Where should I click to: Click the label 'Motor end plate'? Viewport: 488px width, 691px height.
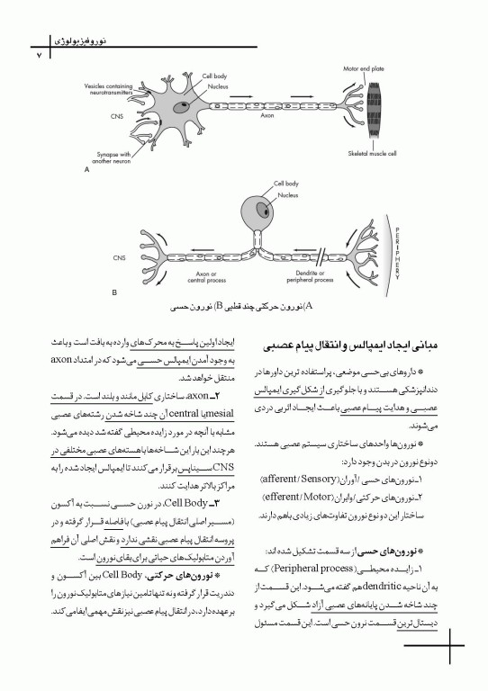click(x=363, y=68)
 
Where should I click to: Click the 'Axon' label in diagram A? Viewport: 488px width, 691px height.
click(x=267, y=115)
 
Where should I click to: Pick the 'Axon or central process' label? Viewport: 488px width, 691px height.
click(x=204, y=274)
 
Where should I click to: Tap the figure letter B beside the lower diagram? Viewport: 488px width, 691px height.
click(x=113, y=292)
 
